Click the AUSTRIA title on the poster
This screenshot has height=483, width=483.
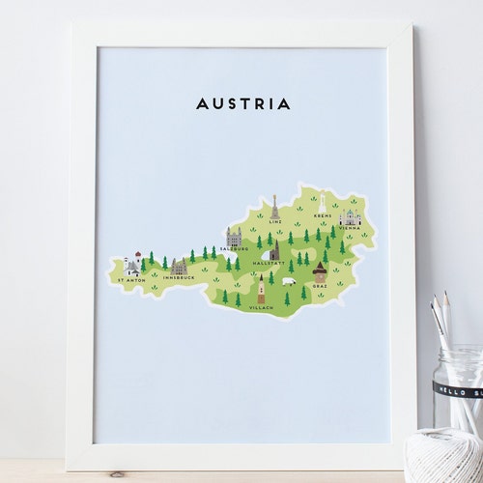[x=242, y=103]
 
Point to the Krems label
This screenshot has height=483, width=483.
[x=322, y=216]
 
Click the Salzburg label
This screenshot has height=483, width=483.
[x=233, y=248]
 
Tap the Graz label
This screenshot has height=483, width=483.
[x=320, y=286]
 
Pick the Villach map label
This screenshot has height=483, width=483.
[x=260, y=307]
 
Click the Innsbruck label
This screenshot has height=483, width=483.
[x=180, y=278]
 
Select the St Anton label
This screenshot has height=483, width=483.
[x=130, y=280]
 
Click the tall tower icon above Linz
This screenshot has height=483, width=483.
[x=275, y=207]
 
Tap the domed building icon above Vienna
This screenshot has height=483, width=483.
[x=349, y=217]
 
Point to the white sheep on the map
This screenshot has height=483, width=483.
[x=288, y=281]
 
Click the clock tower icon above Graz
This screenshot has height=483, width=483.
[x=320, y=271]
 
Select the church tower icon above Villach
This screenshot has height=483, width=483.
[x=261, y=289]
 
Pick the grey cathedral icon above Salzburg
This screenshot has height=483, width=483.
[x=234, y=236]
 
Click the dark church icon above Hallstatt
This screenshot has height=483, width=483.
[x=274, y=250]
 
